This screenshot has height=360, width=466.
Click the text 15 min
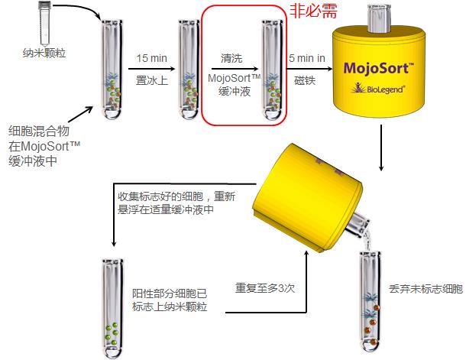point(152,58)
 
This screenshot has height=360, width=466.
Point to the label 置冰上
point(151,79)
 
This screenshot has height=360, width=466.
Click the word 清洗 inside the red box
point(233,58)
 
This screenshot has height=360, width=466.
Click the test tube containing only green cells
point(112,306)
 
